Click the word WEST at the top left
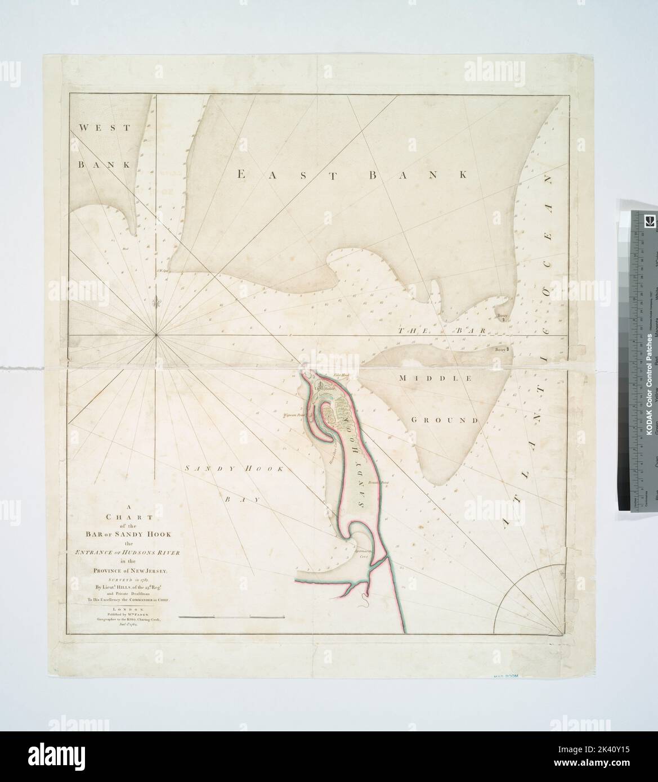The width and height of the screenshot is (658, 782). tap(97, 128)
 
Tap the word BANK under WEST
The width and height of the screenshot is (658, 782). tap(96, 165)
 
